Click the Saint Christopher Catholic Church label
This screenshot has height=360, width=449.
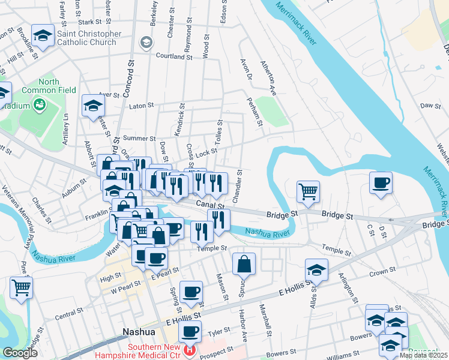[x=89, y=38]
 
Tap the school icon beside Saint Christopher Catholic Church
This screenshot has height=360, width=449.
[x=43, y=35]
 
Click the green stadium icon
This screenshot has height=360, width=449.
[x=40, y=106]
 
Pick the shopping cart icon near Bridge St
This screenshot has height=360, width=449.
[x=308, y=192]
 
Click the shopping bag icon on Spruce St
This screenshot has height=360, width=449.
[x=244, y=264]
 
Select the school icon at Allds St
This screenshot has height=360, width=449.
[x=316, y=270]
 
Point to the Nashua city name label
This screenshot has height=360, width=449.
[x=139, y=331]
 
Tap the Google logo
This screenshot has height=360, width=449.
[x=20, y=353]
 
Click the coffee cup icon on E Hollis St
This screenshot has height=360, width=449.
[x=191, y=331]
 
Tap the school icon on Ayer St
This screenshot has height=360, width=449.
[x=93, y=106]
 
